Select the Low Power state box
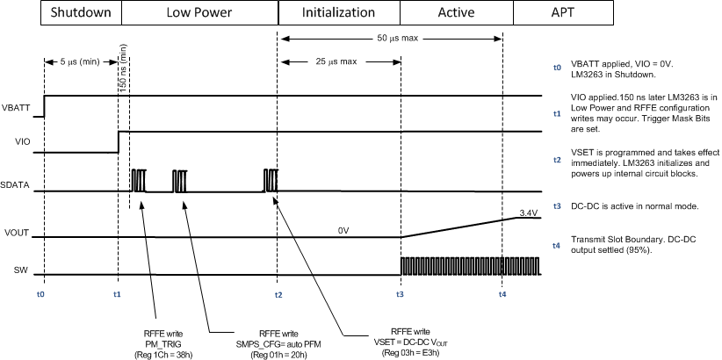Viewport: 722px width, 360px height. click(x=199, y=13)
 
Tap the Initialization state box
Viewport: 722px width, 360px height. click(x=338, y=13)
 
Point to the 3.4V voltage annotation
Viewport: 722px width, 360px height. click(x=527, y=212)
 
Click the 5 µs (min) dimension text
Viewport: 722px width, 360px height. click(x=80, y=62)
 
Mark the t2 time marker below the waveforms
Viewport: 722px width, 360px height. click(x=278, y=293)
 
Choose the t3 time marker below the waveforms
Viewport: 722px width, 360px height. click(x=400, y=293)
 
